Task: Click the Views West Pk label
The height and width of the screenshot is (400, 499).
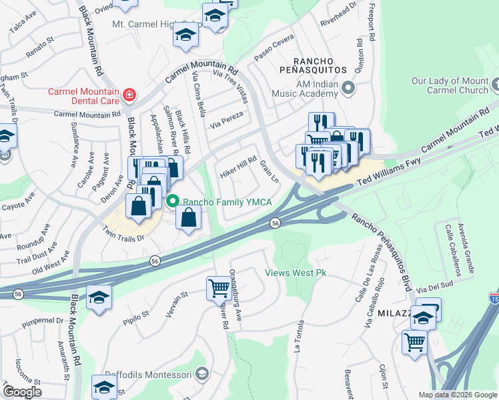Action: [296, 273]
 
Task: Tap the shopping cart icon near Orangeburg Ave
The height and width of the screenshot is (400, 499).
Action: [218, 288]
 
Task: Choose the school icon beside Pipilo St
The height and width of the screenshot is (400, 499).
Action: [99, 297]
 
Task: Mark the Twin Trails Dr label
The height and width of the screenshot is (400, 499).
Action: [123, 233]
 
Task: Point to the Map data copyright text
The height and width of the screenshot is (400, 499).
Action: [458, 395]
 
